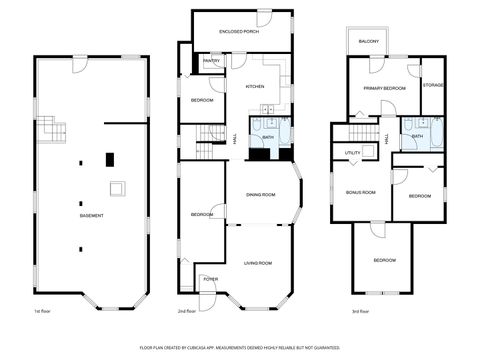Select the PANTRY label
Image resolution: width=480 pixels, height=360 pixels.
[212, 61]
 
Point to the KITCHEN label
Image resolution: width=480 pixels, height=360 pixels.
[255, 87]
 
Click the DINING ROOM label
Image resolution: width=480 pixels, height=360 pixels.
[260, 195]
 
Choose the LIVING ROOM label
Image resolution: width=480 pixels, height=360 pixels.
[257, 262]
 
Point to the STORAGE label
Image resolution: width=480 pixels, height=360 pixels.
[433, 85]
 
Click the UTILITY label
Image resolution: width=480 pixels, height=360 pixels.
[353, 153]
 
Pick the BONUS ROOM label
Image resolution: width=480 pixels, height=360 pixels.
[360, 191]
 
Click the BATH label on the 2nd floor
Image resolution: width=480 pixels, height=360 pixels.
[268, 136]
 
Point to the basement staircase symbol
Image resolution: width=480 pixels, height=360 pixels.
[56, 130]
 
